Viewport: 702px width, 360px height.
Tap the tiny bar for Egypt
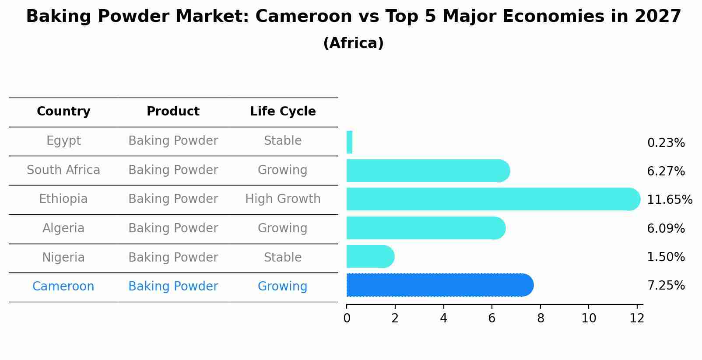pos(349,142)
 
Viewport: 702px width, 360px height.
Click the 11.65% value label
pos(669,200)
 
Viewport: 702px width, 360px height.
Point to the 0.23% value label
pos(666,143)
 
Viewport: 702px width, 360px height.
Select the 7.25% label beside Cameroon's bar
pos(666,286)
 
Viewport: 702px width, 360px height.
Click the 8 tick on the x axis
pos(541,318)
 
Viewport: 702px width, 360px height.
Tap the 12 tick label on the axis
pos(637,318)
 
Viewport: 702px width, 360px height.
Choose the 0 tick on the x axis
pos(347,318)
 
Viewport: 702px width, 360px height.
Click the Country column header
pos(63,112)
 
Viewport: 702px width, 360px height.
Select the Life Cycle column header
pos(283,112)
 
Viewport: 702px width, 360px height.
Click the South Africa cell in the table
pos(63,170)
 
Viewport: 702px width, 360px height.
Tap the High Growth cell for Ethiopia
pos(283,199)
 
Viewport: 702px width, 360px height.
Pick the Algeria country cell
pos(63,228)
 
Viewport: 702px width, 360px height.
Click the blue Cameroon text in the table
pos(63,287)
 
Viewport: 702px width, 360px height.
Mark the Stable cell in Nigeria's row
pos(283,258)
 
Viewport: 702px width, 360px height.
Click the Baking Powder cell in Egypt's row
pos(173,141)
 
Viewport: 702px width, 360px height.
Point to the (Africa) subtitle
pos(353,43)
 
